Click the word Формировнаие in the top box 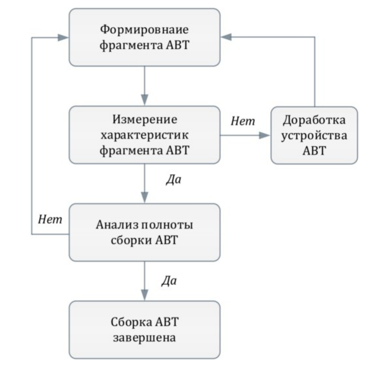pyautogui.click(x=144, y=30)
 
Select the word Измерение pyautogui.click(x=144, y=119)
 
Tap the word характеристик pyautogui.click(x=144, y=135)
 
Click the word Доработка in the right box pyautogui.click(x=314, y=120)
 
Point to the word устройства pyautogui.click(x=314, y=135)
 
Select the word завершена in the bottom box pyautogui.click(x=144, y=337)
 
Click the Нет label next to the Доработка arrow pyautogui.click(x=243, y=121)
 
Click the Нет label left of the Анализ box pyautogui.click(x=50, y=219)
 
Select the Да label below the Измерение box pyautogui.click(x=173, y=180)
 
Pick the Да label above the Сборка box pyautogui.click(x=169, y=281)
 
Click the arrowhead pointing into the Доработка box pyautogui.click(x=265, y=135)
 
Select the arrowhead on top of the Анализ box pyautogui.click(x=144, y=198)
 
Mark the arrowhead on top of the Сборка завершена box pyautogui.click(x=144, y=295)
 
